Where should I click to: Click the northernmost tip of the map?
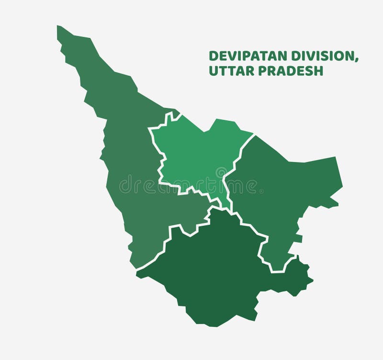click(x=58, y=26)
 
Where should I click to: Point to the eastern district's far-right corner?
click(x=342, y=184)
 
